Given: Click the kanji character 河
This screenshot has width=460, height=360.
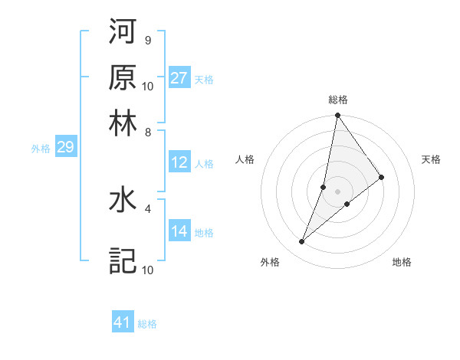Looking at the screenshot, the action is click(x=123, y=32).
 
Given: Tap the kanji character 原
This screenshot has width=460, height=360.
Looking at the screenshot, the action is click(x=123, y=77).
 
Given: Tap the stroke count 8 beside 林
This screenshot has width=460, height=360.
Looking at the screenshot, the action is click(x=147, y=132).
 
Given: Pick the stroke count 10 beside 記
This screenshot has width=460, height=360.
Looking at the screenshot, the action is click(x=148, y=270).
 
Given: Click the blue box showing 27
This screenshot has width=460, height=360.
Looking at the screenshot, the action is click(x=179, y=78).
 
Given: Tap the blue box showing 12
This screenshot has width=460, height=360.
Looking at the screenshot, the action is click(x=179, y=162).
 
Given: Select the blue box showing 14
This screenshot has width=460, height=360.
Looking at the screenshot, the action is click(x=179, y=231).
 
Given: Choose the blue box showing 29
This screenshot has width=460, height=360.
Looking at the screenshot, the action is click(x=65, y=147).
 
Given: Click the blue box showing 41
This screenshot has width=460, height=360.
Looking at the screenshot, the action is click(x=123, y=322).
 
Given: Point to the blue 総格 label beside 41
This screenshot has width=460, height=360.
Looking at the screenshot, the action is click(x=147, y=324).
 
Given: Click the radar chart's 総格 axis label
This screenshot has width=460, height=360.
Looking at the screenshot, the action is click(x=337, y=100).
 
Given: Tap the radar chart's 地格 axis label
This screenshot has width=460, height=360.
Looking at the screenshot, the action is click(x=402, y=262).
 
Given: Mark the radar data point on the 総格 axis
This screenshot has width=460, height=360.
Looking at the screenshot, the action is click(x=337, y=116).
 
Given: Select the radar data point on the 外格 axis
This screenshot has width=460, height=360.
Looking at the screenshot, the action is click(x=302, y=242).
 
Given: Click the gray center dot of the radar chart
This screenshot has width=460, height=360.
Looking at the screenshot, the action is click(x=337, y=191).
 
